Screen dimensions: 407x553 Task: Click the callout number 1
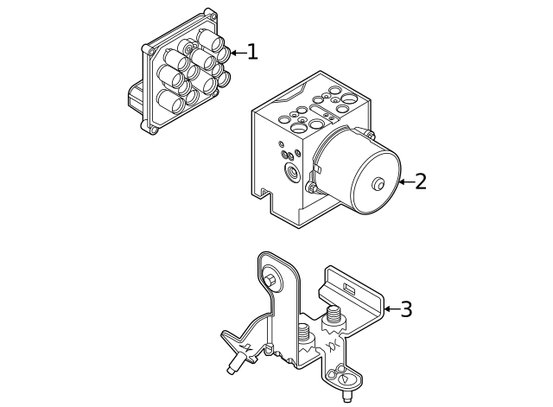251,52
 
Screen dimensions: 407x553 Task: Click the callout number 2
420,181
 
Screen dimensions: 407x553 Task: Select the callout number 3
405,308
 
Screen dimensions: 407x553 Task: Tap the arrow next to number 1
236,53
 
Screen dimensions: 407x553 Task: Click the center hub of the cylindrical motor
378,184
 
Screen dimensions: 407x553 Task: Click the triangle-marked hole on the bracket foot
345,378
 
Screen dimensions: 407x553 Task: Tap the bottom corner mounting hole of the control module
154,130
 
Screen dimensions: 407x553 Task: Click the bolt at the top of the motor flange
368,133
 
